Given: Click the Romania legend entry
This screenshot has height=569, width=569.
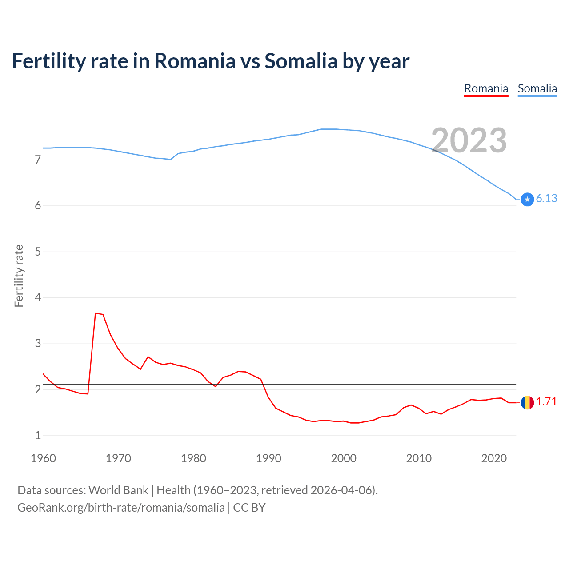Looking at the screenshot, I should click(486, 89).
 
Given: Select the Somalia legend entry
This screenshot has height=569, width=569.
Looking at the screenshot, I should click(537, 89).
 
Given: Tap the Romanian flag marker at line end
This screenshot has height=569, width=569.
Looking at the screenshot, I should click(527, 402).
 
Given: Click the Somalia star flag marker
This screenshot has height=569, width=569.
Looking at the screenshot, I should click(527, 200).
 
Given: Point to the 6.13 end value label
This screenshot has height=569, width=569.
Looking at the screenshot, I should click(546, 199).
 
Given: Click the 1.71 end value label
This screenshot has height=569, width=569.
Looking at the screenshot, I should click(546, 402).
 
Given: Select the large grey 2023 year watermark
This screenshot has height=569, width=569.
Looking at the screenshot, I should click(469, 140).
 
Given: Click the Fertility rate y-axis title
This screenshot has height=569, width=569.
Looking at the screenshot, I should click(19, 276).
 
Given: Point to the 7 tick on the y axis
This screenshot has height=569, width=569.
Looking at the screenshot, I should click(38, 160).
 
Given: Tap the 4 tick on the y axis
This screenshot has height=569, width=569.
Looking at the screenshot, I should click(38, 297).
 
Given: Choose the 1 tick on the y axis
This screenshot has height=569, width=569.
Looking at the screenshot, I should click(38, 436).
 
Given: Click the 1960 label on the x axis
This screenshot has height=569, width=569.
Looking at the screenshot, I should click(43, 458).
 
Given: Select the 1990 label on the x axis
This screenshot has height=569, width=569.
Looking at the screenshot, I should click(268, 458).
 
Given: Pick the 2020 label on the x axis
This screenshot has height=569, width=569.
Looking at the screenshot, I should click(494, 458).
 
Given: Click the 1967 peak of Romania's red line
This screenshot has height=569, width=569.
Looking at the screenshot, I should click(96, 313).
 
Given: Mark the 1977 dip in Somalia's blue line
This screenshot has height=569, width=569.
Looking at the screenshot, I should click(171, 159).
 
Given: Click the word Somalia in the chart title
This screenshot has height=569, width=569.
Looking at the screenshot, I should click(301, 61).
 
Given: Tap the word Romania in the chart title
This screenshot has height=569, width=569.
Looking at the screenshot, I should click(195, 61).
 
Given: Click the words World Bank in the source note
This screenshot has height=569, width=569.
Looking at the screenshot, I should click(118, 490).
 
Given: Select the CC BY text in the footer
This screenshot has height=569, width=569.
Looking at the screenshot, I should click(249, 508).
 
